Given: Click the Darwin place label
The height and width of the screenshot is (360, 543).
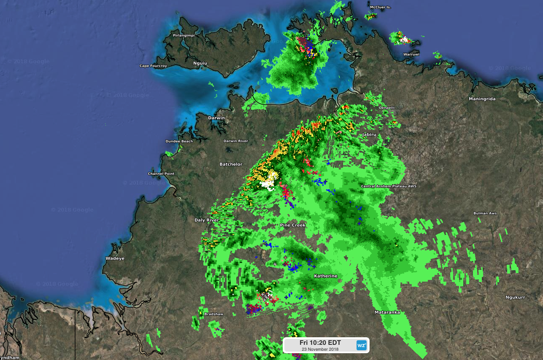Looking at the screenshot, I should point(216,118).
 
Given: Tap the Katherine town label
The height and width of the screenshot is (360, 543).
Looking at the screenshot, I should point(325,276).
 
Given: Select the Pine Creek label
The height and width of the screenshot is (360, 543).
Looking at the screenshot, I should point(292,225).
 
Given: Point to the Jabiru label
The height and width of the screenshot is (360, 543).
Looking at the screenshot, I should point(369,134).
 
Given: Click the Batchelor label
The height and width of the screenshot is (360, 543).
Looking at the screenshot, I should point(231,164).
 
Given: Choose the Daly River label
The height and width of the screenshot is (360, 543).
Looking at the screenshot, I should point(206,220).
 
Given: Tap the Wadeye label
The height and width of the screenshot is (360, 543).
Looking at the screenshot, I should point(115,258).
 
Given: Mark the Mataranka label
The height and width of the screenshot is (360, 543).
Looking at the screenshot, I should point(387,312).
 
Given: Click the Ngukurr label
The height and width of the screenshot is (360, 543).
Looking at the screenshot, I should point(515,297).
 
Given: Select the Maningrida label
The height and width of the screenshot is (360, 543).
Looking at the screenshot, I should point(482,99).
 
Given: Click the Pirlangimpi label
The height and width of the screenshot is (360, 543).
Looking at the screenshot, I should point(184,35).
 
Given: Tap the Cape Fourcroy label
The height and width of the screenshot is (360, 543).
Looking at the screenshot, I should point(153,66).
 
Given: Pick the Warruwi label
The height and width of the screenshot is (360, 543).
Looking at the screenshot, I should point(411,54).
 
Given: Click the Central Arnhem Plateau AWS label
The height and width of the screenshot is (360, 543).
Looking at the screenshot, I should point(389,186).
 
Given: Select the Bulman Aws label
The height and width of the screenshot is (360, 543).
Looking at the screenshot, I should point(485,213).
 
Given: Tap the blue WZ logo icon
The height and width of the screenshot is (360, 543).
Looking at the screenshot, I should point(362,345).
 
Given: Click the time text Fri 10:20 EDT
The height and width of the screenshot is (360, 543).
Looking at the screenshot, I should point(320,342).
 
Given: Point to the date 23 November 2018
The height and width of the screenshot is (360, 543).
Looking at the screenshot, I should point(320,349).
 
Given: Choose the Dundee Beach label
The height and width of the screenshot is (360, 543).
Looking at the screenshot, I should point(179,141).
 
